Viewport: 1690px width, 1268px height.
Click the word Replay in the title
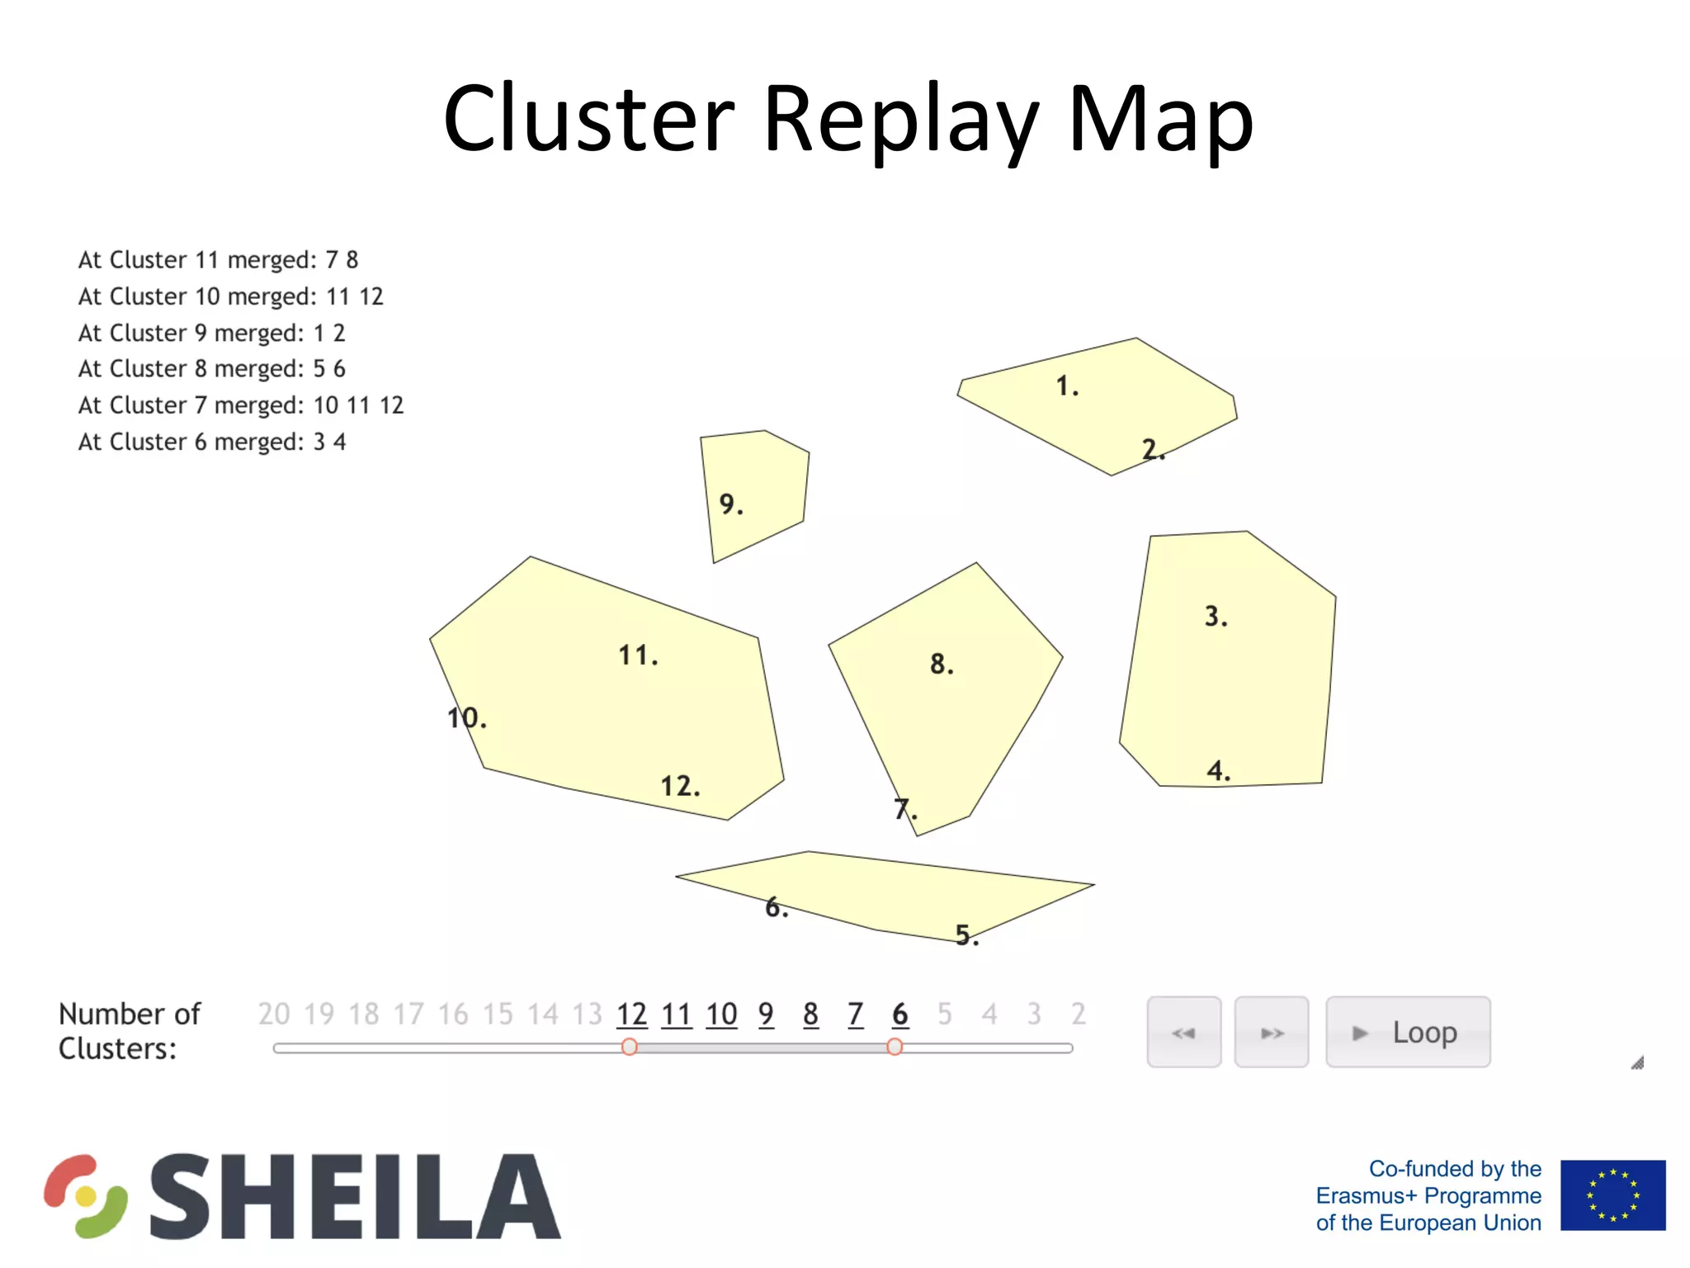point(900,120)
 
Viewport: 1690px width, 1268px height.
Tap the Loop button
point(1407,1032)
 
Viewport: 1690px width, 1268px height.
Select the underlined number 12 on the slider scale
point(631,1014)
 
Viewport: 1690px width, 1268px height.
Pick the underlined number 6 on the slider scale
point(899,1014)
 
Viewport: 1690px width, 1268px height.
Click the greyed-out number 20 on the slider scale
point(274,1014)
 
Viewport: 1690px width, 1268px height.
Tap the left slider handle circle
point(630,1047)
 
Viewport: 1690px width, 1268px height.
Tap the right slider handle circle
point(895,1047)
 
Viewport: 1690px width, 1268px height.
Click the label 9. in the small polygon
point(730,504)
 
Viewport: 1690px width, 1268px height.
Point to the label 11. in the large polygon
point(638,655)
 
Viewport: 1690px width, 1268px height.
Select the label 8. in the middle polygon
point(941,664)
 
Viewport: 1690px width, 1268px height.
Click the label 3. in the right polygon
point(1216,616)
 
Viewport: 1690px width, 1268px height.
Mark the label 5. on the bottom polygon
point(966,934)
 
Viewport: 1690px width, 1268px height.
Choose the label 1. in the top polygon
point(1067,386)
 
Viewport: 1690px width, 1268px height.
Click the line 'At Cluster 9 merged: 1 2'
point(211,333)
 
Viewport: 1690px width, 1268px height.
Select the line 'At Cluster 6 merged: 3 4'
point(211,442)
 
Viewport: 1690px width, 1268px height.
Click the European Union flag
point(1612,1195)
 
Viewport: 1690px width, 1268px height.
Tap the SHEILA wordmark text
point(355,1196)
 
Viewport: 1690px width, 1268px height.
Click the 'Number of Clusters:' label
point(129,1030)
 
